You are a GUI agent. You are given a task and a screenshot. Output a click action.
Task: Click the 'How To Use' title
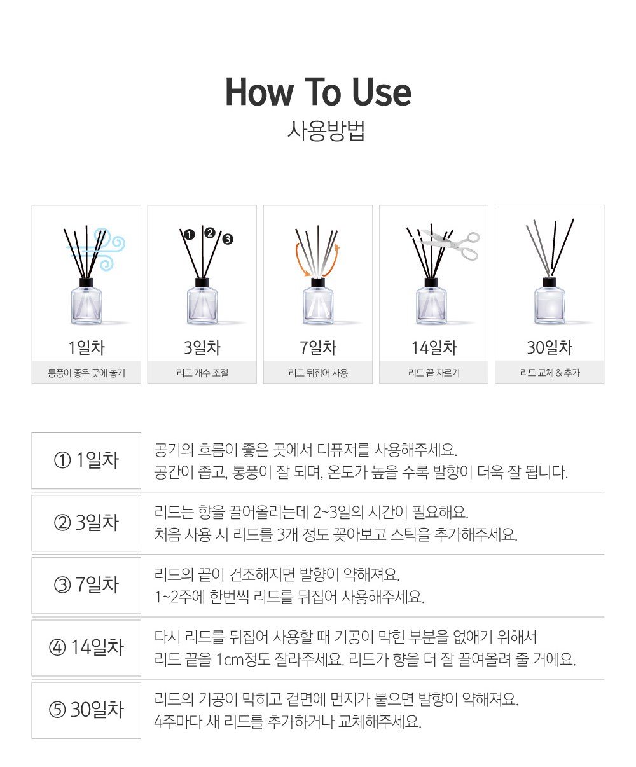(318, 92)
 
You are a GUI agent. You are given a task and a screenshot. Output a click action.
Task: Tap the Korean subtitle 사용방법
(326, 130)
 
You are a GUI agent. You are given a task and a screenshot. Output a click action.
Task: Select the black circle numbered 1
(189, 235)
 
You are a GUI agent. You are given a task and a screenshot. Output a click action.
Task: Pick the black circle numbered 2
(210, 233)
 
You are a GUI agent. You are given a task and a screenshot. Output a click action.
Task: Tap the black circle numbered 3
(228, 239)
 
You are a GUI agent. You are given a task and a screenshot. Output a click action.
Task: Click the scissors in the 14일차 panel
(452, 244)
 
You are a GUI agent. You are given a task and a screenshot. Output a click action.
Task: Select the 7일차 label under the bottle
(318, 347)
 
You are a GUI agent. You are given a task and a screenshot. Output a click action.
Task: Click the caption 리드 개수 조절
(202, 373)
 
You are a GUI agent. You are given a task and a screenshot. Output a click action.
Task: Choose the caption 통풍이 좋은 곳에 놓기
(86, 373)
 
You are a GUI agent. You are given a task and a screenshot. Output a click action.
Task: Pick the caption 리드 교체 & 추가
(550, 373)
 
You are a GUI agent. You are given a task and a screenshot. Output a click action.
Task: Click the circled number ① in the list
(62, 460)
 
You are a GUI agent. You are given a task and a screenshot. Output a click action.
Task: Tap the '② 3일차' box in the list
(86, 523)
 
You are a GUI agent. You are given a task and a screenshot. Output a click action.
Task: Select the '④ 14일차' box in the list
(86, 647)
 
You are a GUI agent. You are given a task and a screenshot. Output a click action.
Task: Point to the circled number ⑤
(57, 710)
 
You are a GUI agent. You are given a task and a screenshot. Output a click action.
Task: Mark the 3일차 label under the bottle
(202, 347)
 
